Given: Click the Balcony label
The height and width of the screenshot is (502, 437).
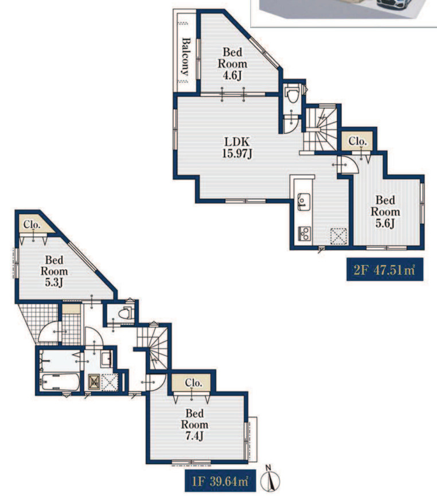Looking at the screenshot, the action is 185,56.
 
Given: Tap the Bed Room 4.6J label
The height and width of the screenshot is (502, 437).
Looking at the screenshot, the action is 233,64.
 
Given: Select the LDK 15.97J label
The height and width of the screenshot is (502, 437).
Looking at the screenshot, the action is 237,147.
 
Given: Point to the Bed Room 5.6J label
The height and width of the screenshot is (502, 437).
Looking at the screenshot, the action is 385,212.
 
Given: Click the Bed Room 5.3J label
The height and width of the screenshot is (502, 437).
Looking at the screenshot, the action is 54,271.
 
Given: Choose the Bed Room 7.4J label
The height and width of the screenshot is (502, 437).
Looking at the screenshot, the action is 194,425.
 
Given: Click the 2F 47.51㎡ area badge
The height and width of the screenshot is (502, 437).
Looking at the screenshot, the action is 385,270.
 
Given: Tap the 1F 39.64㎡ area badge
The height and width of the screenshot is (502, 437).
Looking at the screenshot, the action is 220,481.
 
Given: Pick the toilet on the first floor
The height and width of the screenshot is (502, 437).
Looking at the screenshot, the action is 126,313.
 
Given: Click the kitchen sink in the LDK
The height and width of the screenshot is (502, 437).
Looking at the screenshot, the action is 303,202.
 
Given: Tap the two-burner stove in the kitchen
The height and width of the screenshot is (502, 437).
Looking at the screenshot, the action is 304,234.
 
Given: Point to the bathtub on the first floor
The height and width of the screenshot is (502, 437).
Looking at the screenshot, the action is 60,382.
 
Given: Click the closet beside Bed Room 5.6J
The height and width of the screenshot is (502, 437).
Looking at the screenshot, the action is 358,141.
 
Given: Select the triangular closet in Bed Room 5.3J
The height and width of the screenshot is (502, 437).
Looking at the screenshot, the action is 36,224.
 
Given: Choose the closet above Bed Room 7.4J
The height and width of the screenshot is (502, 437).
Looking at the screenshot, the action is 192,383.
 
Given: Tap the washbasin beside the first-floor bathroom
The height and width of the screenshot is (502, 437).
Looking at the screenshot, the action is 106,359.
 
